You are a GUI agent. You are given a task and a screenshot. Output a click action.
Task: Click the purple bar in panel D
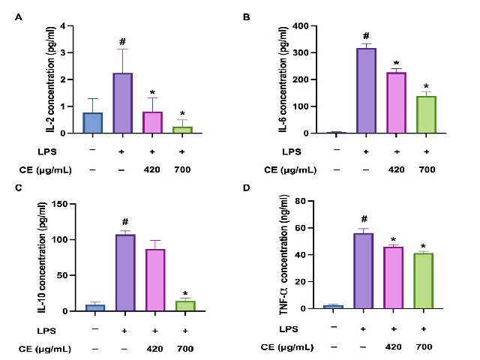click(x=364, y=271)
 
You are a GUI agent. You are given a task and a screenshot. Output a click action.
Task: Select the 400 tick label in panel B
click(x=300, y=26)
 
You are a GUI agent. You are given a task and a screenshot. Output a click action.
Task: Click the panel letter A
click(x=19, y=19)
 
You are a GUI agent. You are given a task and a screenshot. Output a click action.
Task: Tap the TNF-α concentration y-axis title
click(x=280, y=255)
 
